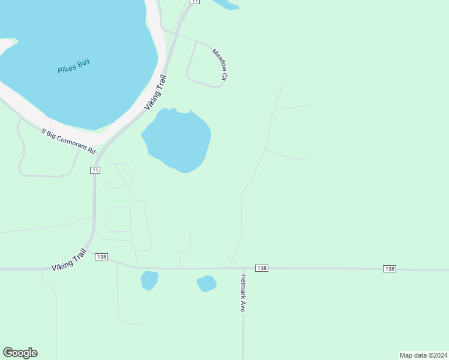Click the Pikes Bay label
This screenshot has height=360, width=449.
74,67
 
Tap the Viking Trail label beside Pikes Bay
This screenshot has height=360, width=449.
155,92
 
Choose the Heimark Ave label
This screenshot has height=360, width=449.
243,293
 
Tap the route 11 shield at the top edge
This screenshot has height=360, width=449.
194,2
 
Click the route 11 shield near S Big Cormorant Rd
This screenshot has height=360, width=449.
95,170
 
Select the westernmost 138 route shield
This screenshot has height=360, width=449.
101,257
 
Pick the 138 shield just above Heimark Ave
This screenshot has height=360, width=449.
261,268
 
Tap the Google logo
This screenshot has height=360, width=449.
20,353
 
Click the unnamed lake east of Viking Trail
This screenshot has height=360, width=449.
178,140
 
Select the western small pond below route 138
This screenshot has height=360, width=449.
149,280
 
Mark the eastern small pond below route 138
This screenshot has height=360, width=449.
206,283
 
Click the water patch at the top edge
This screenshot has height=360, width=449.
226,4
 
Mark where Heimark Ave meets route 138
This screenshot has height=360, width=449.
243,268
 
